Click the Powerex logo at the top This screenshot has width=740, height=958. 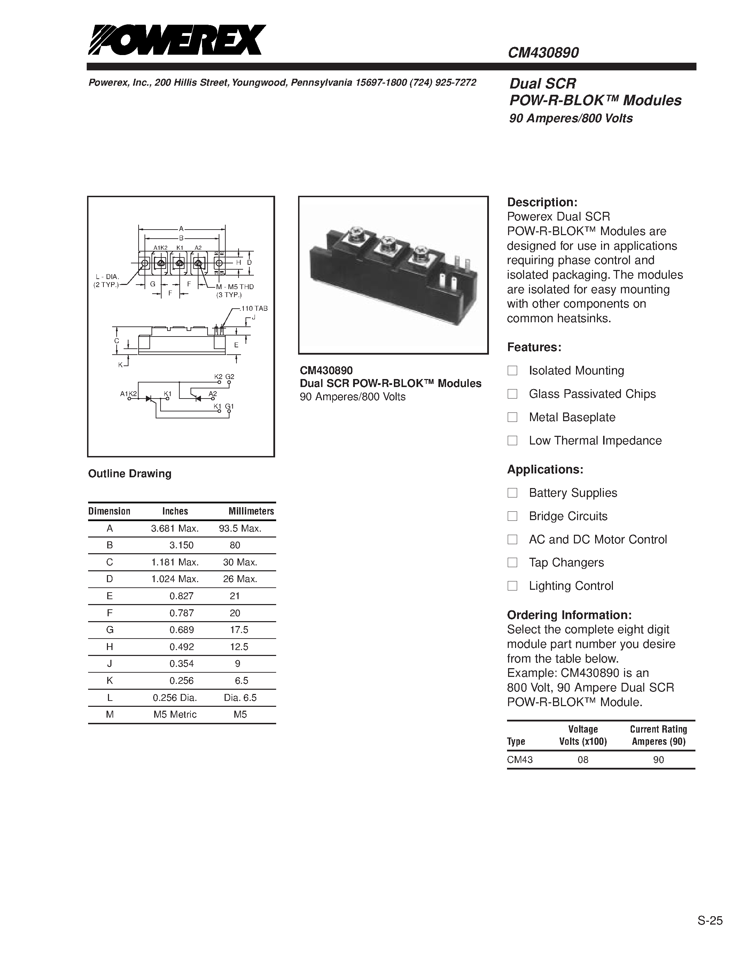pyautogui.click(x=177, y=40)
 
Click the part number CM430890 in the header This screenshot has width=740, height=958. pyautogui.click(x=543, y=53)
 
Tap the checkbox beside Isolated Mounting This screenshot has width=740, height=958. pyautogui.click(x=512, y=371)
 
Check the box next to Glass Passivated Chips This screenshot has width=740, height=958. pyautogui.click(x=512, y=394)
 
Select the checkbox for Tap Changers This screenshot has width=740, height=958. pyautogui.click(x=512, y=562)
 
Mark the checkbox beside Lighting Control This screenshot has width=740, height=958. pyautogui.click(x=512, y=586)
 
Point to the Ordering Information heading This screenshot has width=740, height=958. pyautogui.click(x=569, y=615)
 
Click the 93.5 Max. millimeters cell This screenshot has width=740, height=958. pyautogui.click(x=240, y=528)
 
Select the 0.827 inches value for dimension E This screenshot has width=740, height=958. pyautogui.click(x=181, y=596)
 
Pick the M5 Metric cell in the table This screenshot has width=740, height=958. pyautogui.click(x=175, y=714)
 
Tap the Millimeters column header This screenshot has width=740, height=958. pyautogui.click(x=251, y=511)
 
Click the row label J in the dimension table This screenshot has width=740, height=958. pyautogui.click(x=110, y=663)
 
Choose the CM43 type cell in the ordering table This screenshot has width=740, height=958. pyautogui.click(x=520, y=760)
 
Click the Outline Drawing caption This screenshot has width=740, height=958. pyautogui.click(x=130, y=474)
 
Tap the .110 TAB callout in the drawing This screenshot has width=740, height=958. pyautogui.click(x=254, y=308)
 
